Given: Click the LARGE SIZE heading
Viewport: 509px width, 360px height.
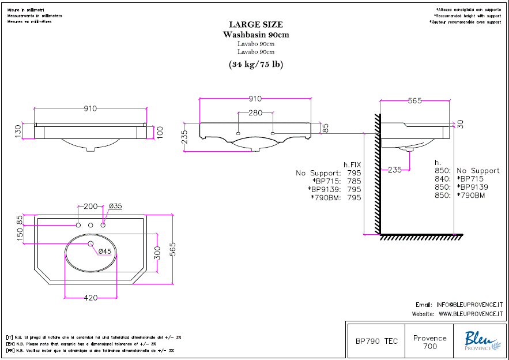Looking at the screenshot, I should click(256, 25).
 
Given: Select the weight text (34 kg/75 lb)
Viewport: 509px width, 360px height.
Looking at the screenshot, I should click(256, 64).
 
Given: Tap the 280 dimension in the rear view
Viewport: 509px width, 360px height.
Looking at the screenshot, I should click(256, 112).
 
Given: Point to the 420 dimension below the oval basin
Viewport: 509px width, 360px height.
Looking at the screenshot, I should click(91, 298).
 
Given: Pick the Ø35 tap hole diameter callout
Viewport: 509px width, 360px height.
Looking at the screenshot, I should click(115, 206).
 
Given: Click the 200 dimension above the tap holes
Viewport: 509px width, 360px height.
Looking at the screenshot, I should click(91, 206).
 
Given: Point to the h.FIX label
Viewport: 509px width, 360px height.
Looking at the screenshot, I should click(352, 164).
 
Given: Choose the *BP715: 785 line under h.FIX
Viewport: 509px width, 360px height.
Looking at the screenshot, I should click(334, 181).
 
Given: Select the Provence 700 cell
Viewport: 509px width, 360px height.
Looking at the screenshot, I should click(430, 342).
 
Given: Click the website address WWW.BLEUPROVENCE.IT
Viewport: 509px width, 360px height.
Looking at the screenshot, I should click(471, 314).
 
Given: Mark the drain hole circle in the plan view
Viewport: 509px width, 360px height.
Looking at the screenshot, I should click(91, 244).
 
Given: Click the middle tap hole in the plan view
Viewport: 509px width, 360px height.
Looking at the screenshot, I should click(91, 225).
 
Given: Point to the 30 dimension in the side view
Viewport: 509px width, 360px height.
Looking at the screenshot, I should click(460, 123).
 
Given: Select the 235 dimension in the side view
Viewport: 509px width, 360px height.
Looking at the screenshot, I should click(394, 170).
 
